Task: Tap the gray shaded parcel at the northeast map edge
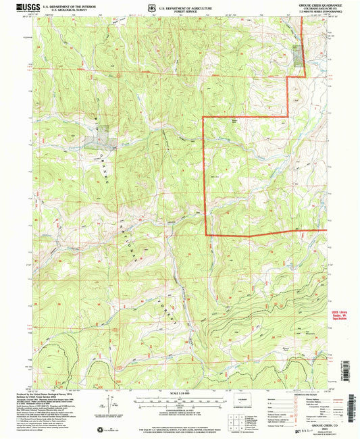point(299,57)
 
